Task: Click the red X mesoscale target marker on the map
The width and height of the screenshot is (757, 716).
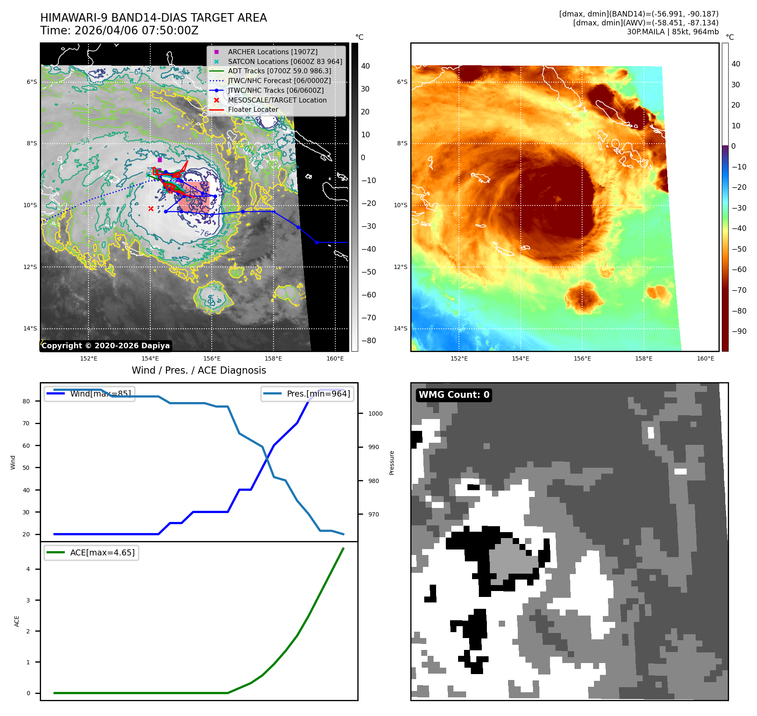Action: [151, 208]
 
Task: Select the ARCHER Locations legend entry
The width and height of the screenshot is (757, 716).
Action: [272, 52]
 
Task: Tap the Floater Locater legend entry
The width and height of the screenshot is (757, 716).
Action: [253, 110]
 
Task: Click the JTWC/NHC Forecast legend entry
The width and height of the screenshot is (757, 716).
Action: [279, 80]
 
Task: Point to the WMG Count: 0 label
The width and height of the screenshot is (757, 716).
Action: [454, 395]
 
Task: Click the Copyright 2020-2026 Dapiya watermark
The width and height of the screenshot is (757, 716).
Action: [105, 346]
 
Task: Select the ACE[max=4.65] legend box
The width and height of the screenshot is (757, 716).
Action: [91, 552]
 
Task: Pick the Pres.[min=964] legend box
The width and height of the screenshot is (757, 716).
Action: [307, 394]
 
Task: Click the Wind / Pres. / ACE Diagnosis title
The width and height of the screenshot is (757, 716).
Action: [199, 370]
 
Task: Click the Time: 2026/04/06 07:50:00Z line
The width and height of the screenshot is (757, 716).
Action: [119, 31]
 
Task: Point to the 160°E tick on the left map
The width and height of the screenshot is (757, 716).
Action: [335, 358]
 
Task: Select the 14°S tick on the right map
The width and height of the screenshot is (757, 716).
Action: [401, 328]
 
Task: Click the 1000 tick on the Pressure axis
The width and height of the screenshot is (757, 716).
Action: [375, 414]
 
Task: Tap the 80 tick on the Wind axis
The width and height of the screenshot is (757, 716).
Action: [26, 401]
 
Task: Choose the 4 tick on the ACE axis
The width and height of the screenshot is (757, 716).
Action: [28, 569]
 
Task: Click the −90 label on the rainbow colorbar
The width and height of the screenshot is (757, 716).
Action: [739, 331]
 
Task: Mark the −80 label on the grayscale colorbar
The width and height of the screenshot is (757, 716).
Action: [368, 341]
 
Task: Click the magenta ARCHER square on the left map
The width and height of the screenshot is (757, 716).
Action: [160, 160]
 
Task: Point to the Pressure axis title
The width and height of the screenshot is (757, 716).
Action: [392, 463]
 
